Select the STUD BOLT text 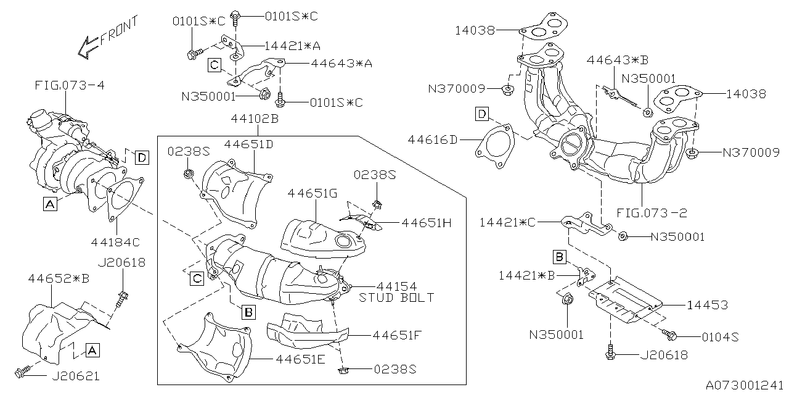pos(396,297)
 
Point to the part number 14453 pos(708,306)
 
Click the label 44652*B pos(59,279)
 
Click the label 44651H pos(427,223)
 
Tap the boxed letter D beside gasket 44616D pos(482,114)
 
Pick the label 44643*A pos(341,63)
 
